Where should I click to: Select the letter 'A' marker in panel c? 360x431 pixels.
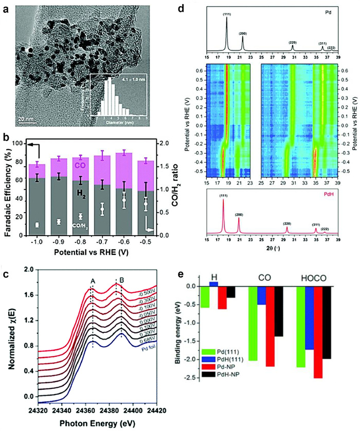(93, 280)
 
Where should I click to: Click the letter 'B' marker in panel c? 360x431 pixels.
(121, 280)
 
